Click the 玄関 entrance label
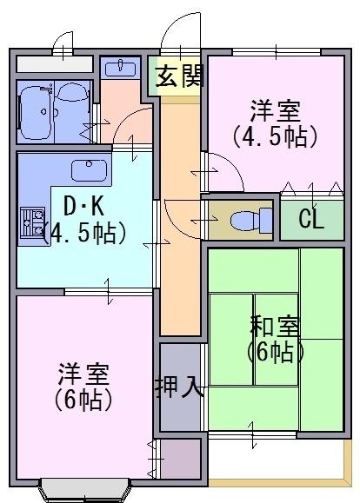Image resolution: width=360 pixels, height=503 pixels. coord(179,76)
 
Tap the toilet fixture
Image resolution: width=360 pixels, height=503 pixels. coord(251,221)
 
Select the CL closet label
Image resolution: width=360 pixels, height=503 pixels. coord(310,219)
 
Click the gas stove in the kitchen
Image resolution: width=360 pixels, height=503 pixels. coord(32,222)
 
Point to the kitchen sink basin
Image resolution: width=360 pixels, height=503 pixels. coord(89,170)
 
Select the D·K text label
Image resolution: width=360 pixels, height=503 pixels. coord(83,206)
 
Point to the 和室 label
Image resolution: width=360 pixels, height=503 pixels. coord(275,326)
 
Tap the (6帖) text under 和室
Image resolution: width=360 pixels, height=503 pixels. coord(276,352)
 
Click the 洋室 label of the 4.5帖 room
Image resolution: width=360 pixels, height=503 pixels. coord(276,111)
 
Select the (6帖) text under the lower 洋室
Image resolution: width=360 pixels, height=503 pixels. coord(83,400)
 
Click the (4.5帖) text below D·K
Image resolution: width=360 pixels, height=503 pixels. coord(84,233)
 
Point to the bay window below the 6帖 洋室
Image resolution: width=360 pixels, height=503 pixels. coord(85,489)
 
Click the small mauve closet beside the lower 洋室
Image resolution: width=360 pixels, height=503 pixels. coord(181,458)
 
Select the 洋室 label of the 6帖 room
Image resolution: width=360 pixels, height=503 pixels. coord(83,374)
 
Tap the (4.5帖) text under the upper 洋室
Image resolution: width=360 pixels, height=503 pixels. coord(276,137)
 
